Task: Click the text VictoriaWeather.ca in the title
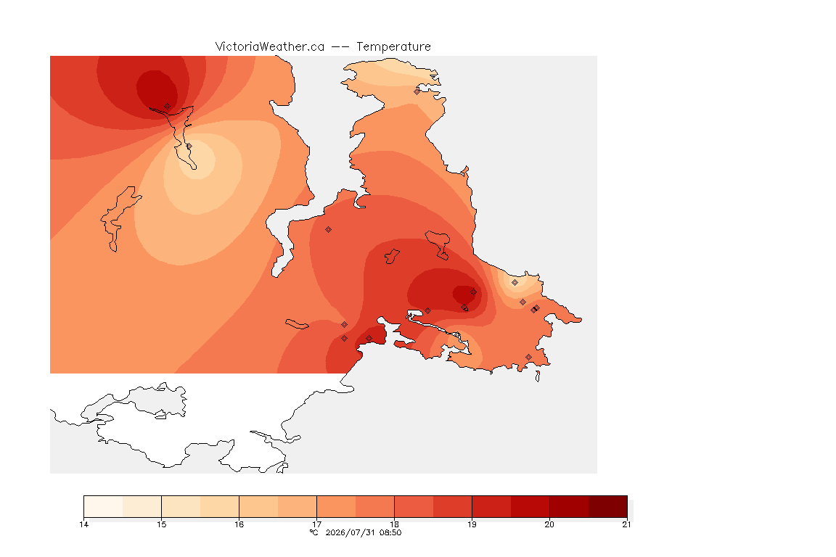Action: [270, 47]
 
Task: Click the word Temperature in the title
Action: [393, 47]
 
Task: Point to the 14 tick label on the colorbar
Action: [83, 524]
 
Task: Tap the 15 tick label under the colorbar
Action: [162, 524]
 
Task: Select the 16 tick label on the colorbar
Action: [239, 524]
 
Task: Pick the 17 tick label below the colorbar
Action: [316, 524]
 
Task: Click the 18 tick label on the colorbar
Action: [395, 524]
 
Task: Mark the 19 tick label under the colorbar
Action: [472, 524]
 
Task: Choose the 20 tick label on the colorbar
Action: [549, 524]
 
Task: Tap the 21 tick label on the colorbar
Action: [626, 524]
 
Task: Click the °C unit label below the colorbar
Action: [314, 532]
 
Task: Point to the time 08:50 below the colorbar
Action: [390, 532]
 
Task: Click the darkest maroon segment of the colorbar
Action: [608, 506]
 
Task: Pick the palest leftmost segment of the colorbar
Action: [104, 506]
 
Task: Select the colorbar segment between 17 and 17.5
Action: [336, 506]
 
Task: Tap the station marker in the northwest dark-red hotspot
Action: [168, 107]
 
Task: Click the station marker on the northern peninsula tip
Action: [417, 91]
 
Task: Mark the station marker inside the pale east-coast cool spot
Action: [515, 283]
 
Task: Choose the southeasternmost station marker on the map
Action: [529, 357]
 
